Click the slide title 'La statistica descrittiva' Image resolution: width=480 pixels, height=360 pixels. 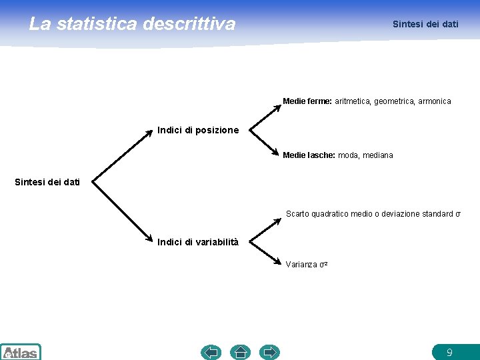tap(132, 24)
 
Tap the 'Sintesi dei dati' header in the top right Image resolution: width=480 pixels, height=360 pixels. tap(425, 24)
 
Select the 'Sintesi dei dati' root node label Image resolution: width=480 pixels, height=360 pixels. tap(47, 181)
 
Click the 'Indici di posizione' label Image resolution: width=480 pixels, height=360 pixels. tap(198, 130)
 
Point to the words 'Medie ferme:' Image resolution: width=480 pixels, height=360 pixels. tap(307, 101)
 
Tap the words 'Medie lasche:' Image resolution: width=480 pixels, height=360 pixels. tap(309, 155)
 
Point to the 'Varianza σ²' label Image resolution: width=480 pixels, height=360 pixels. tap(307, 265)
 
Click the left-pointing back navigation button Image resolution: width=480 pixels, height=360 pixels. tap(211, 352)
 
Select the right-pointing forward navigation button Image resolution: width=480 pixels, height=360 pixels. tap(269, 352)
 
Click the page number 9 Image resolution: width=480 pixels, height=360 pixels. tap(449, 352)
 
